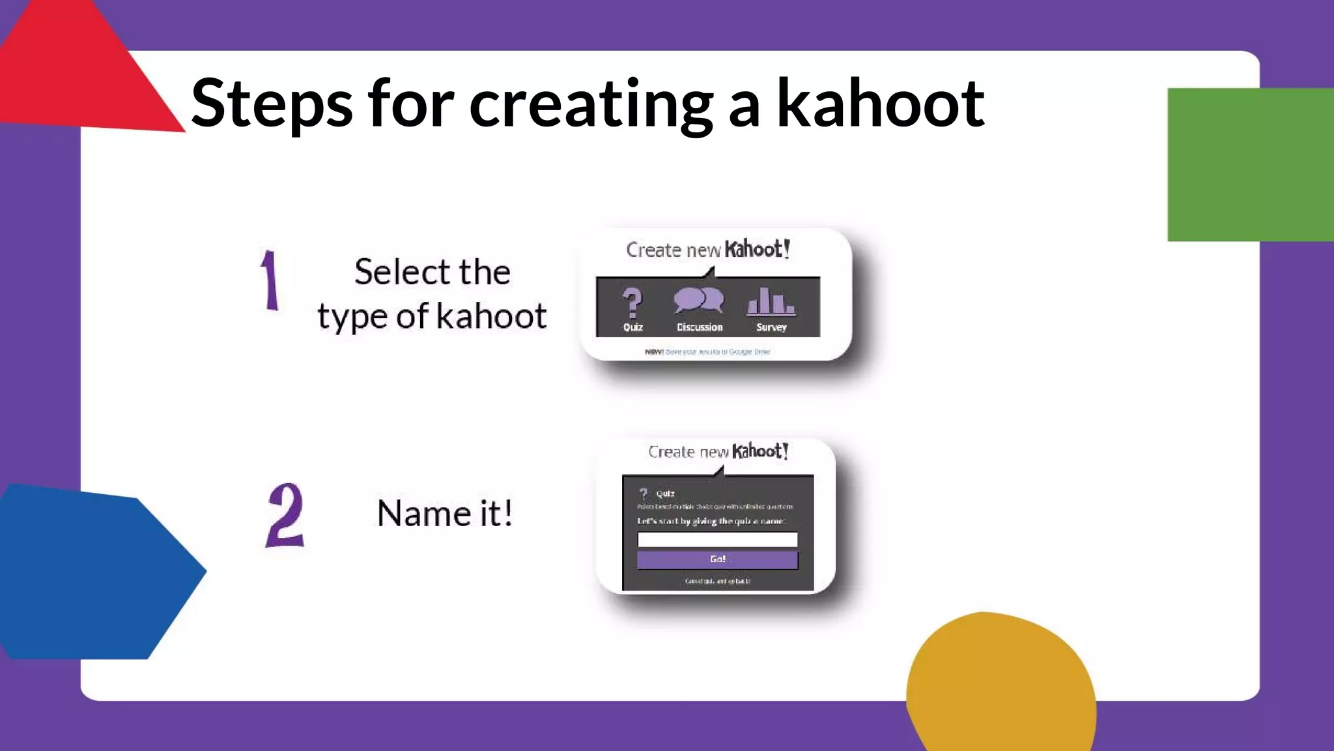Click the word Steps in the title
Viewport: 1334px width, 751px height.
point(272,104)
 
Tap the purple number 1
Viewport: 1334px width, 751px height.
point(270,280)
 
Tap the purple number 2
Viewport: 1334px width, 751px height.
point(285,515)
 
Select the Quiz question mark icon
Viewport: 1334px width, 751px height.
point(632,302)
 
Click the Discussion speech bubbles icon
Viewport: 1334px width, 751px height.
point(698,301)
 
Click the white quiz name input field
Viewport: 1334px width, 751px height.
point(717,539)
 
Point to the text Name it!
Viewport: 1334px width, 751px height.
point(445,513)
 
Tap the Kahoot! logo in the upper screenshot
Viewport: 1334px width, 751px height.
point(757,249)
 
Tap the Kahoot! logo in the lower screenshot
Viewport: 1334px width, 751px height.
point(759,451)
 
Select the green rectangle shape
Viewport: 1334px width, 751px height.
point(1249,164)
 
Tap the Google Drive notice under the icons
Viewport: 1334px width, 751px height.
point(707,352)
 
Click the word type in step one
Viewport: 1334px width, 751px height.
point(352,317)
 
